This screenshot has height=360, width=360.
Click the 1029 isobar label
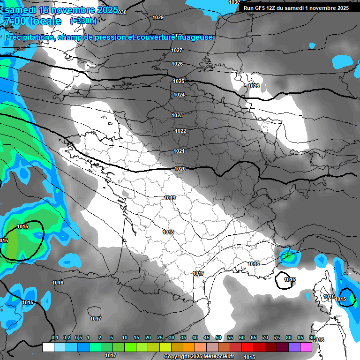158,17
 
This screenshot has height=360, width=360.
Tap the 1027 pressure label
177,50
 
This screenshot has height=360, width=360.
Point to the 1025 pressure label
179,81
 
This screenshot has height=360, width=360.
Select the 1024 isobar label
179,95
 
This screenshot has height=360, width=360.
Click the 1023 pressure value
177,115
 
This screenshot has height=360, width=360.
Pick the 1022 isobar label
180,131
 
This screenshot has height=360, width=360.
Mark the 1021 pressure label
179,151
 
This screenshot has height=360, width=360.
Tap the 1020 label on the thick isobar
180,169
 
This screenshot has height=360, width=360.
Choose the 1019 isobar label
170,198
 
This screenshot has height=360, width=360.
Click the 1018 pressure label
168,232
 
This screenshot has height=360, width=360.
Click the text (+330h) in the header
83,21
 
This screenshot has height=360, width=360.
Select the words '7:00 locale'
32,21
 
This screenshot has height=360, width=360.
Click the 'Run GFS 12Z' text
259,8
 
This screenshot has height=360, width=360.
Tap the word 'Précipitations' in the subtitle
30,37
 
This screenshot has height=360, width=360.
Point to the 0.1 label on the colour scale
54,338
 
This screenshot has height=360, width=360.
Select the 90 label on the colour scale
312,338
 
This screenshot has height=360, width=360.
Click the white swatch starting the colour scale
48,347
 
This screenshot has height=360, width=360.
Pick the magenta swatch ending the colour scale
306,347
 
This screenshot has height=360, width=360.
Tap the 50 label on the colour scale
218,338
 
